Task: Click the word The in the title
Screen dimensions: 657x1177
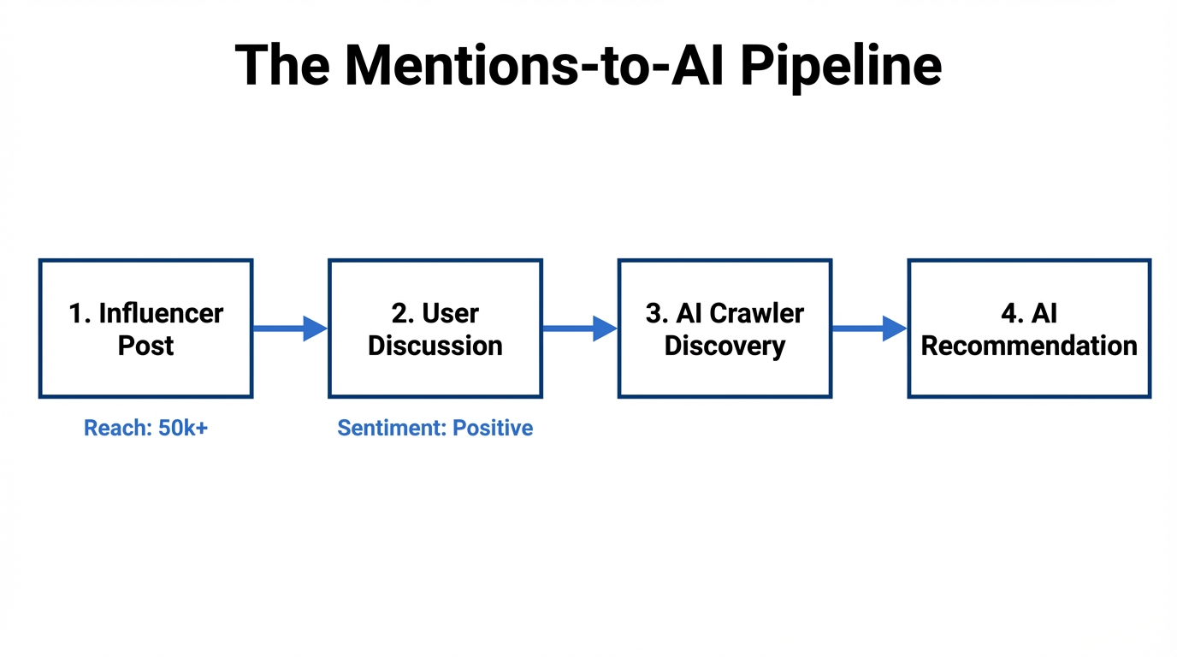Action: coord(281,66)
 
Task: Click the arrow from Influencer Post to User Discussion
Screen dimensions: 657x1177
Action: coord(289,328)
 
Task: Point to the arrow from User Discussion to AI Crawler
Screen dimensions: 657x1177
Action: coord(579,328)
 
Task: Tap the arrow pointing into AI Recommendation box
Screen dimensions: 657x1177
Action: coord(868,328)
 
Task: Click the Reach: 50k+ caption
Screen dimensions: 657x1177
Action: coord(145,429)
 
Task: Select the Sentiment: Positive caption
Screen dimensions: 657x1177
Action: coord(435,429)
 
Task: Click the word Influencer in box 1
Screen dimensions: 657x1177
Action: coord(161,313)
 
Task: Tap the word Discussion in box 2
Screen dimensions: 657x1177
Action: coord(435,346)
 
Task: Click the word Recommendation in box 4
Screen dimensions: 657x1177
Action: coord(1029,346)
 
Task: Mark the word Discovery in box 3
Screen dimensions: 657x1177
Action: coord(725,346)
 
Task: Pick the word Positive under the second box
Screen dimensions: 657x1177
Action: coord(493,429)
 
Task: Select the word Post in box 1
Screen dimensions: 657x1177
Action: coord(145,346)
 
